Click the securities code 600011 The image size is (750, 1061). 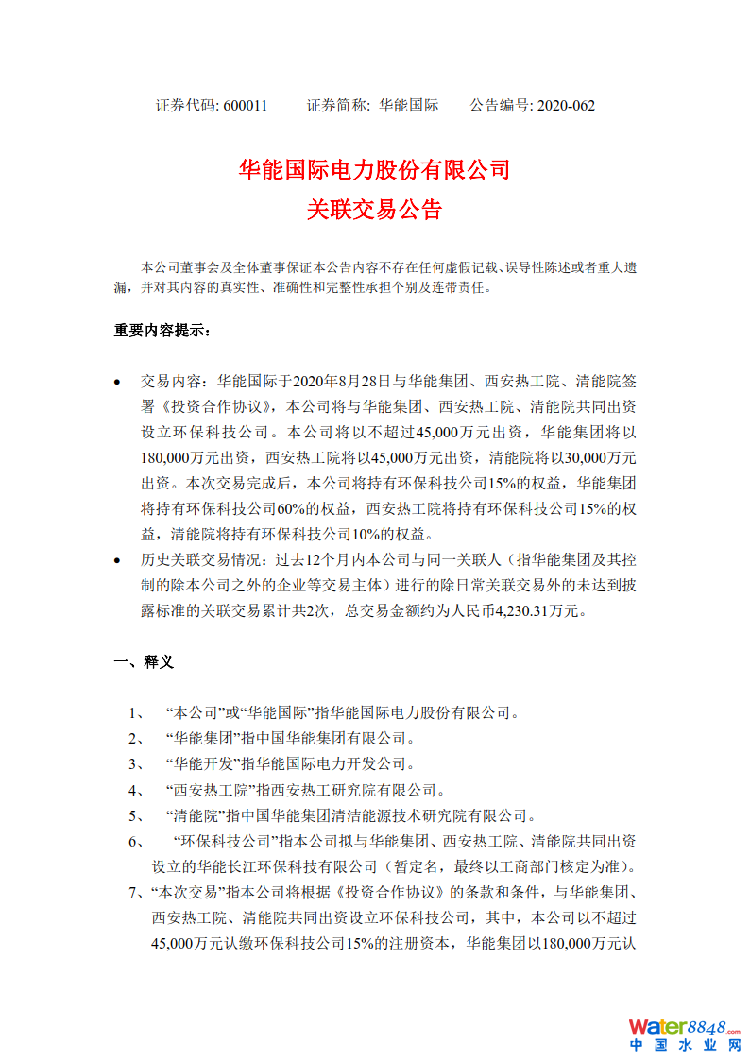[x=246, y=106]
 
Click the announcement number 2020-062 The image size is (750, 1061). [x=566, y=106]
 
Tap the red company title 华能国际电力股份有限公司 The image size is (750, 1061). [x=375, y=170]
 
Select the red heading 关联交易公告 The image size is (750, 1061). [x=375, y=210]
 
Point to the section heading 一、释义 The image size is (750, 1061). [x=144, y=662]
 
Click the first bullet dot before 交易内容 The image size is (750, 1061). [x=117, y=384]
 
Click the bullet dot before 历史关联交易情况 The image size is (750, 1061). [x=117, y=561]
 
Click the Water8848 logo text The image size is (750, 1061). [x=683, y=1027]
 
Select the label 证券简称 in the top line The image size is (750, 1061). [x=337, y=106]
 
